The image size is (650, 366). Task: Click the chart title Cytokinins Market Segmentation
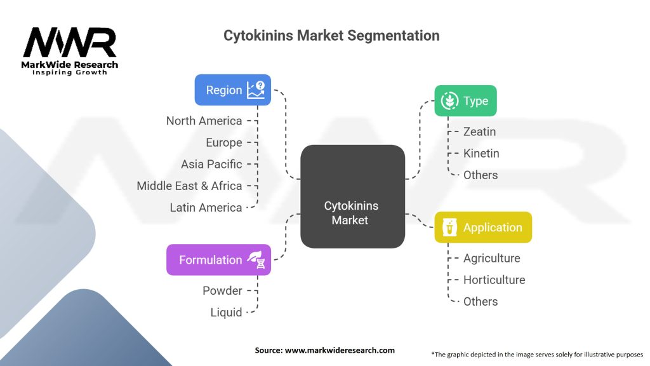(x=331, y=36)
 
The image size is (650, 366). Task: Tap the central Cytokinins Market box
(x=352, y=196)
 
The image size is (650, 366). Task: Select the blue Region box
(x=233, y=90)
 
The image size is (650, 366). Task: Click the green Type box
(x=465, y=100)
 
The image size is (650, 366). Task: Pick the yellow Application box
(x=482, y=227)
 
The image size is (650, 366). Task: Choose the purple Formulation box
(x=218, y=260)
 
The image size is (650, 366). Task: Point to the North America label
(x=204, y=121)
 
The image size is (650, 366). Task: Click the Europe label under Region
(x=223, y=142)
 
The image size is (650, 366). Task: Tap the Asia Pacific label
(x=211, y=164)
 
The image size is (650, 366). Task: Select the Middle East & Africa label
(x=189, y=186)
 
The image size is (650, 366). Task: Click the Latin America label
(x=206, y=207)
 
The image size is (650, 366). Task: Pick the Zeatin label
(x=479, y=132)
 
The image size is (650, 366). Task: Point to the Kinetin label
(x=481, y=153)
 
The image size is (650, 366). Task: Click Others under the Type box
(x=481, y=175)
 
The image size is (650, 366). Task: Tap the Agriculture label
(x=491, y=258)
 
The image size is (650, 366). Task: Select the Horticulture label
(x=494, y=280)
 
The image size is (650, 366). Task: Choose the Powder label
(x=222, y=290)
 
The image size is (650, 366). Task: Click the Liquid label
(x=226, y=312)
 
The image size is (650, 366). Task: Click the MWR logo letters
(x=70, y=43)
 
